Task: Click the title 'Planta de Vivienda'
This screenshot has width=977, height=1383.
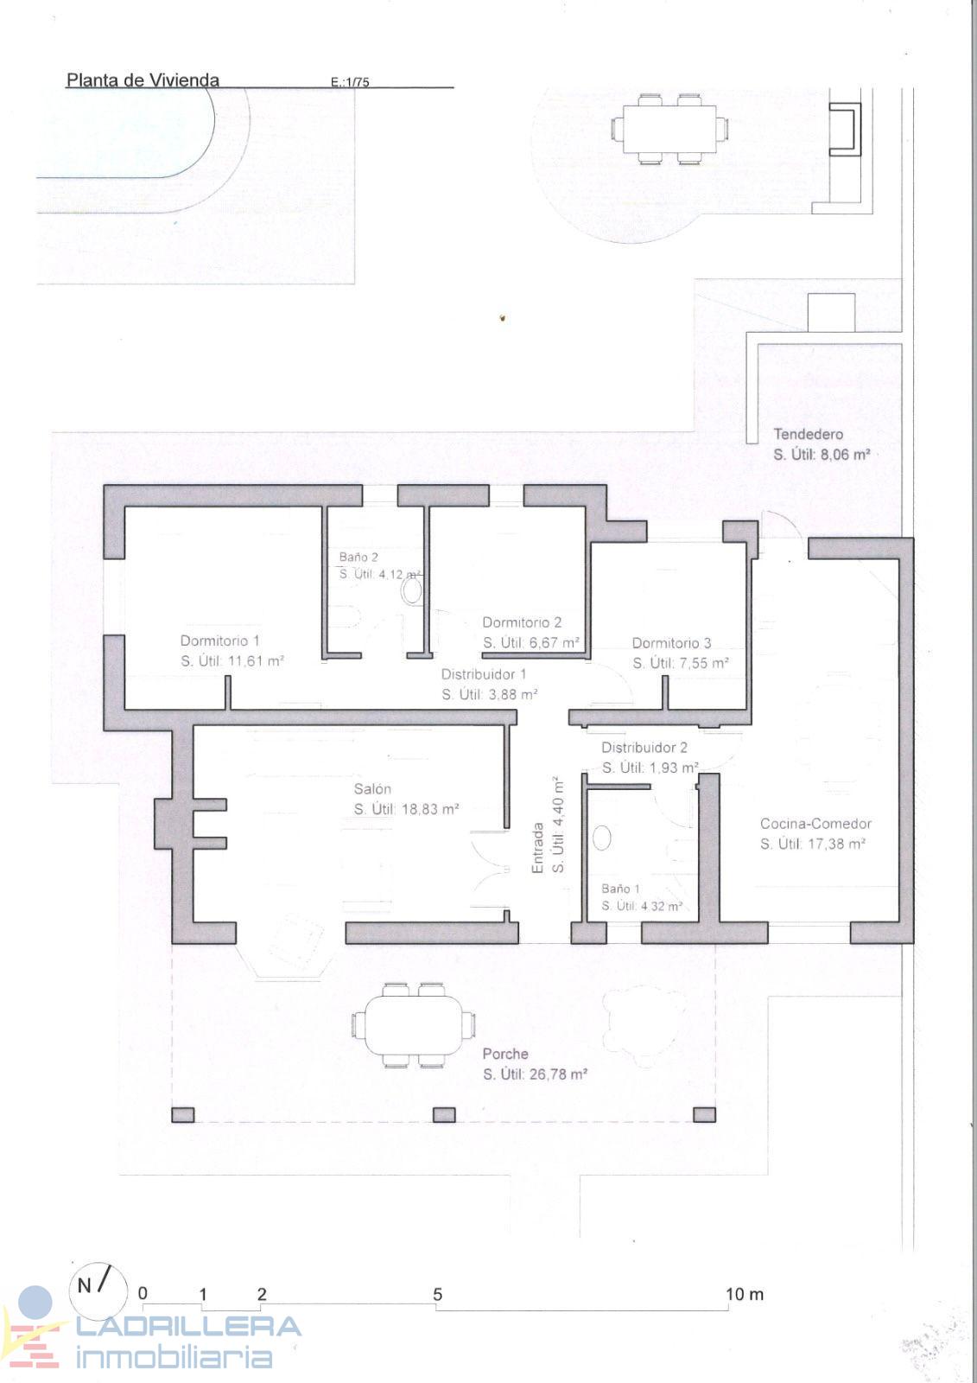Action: click(143, 80)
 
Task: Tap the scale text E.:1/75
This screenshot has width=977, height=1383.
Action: click(350, 81)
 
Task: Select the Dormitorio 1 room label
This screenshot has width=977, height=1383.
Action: click(219, 641)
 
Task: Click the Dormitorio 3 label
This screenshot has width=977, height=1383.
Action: click(671, 643)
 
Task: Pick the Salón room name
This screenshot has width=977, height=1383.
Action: click(372, 788)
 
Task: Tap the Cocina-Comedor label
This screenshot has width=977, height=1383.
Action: click(815, 823)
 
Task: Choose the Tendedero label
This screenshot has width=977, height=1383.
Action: click(808, 434)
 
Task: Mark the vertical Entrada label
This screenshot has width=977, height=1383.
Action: click(538, 848)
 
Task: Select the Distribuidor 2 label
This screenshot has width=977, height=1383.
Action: click(644, 747)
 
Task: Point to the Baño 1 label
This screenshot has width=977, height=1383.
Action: click(620, 889)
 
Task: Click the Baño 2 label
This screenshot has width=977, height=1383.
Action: click(358, 557)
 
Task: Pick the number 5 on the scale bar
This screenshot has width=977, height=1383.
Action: click(438, 1294)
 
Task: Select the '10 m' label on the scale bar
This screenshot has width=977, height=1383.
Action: click(745, 1294)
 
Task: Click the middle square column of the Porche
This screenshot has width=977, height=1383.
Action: click(444, 1114)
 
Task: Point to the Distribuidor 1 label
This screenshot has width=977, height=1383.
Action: click(484, 674)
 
